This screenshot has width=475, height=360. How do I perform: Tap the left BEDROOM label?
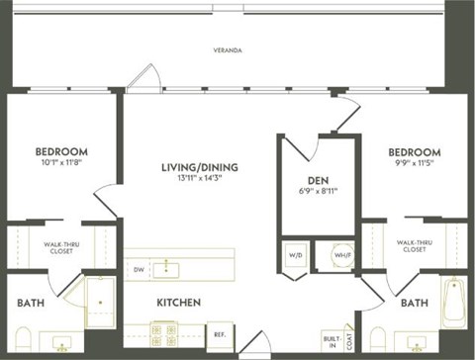pyautogui.click(x=61, y=151)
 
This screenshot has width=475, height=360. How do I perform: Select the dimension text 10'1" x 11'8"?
pyautogui.click(x=61, y=164)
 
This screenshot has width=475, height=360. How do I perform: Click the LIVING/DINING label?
pyautogui.click(x=201, y=167)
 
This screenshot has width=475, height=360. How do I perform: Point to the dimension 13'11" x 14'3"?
pyautogui.click(x=201, y=180)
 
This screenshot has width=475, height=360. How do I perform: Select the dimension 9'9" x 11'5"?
pyautogui.click(x=415, y=164)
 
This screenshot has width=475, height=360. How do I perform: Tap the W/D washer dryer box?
pyautogui.click(x=296, y=254)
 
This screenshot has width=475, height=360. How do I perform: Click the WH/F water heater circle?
pyautogui.click(x=341, y=254)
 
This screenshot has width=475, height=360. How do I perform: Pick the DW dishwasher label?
pyautogui.click(x=139, y=267)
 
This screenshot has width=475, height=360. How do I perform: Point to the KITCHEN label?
pyautogui.click(x=178, y=302)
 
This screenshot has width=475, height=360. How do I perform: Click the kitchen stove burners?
pyautogui.click(x=163, y=332)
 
